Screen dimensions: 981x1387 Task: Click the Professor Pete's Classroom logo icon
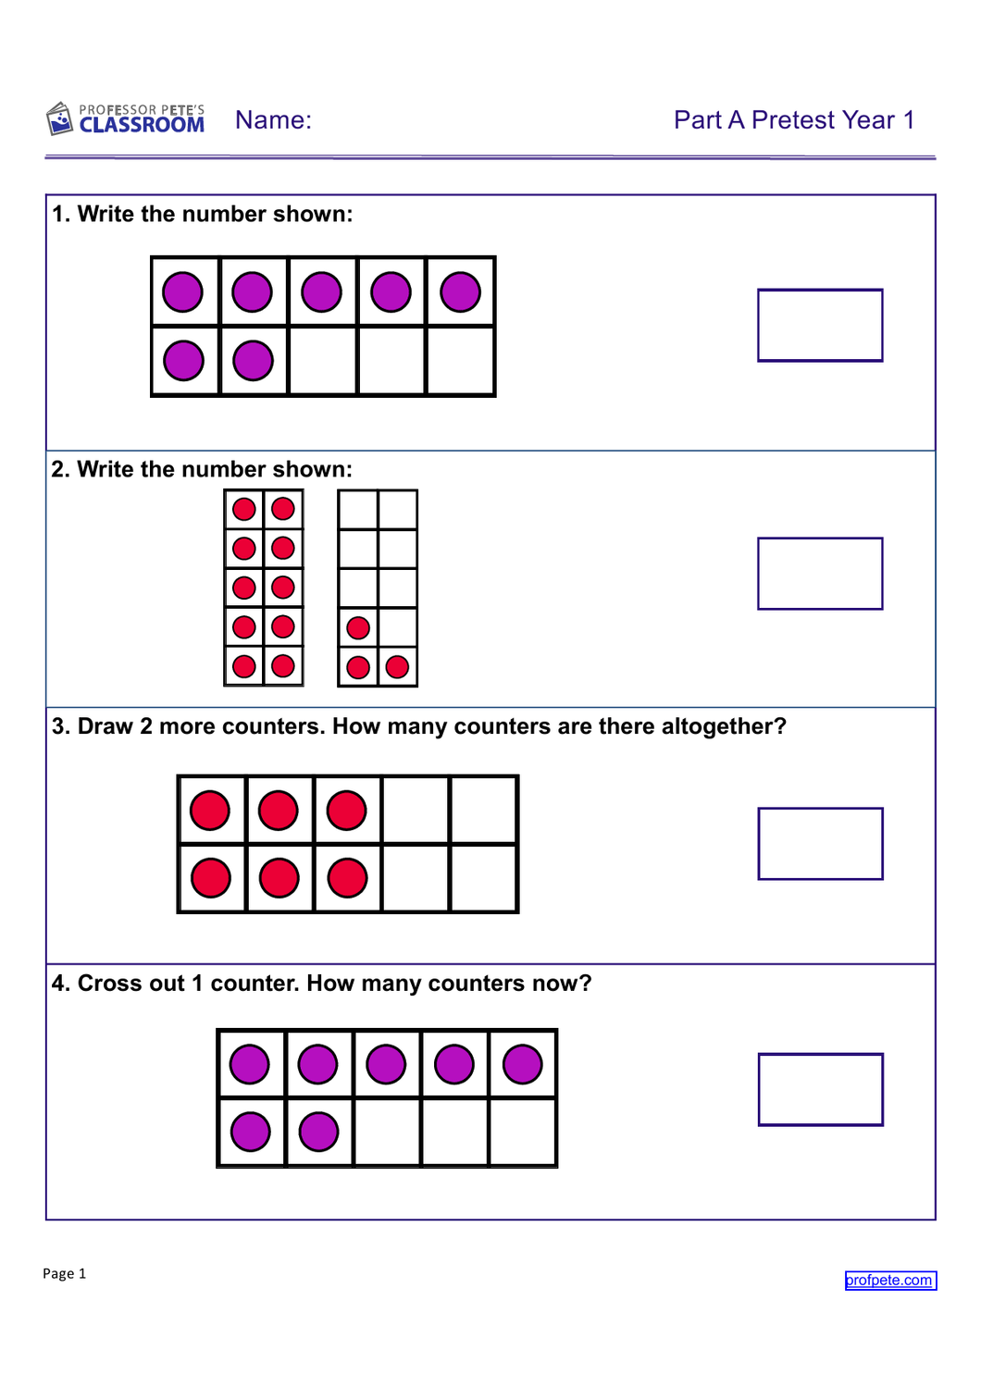59,118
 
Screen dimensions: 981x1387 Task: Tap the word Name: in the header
273,120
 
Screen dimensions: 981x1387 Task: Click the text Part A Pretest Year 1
794,120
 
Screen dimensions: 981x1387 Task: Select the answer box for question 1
820,325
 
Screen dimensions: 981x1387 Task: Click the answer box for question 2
820,574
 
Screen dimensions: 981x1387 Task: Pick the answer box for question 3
820,843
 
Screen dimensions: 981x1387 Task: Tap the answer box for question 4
820,1089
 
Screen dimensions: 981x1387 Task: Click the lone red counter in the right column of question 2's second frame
397,667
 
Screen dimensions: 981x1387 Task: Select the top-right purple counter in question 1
460,291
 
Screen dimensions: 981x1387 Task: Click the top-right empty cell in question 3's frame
484,810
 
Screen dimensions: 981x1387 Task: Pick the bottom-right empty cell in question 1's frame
460,360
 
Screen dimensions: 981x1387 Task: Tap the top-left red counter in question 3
210,810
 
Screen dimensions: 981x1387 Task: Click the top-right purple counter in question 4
523,1064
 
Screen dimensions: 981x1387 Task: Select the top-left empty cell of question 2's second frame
358,510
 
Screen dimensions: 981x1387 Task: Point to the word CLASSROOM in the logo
142,125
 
